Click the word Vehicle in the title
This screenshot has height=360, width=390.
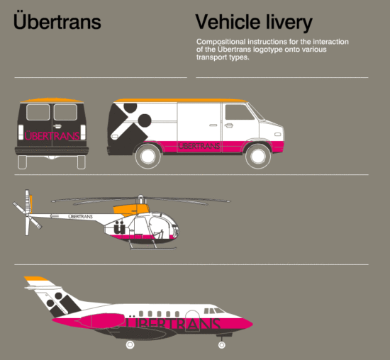[x=228, y=22]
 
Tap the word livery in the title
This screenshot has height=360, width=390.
[x=289, y=23]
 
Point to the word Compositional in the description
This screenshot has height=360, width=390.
[x=221, y=42]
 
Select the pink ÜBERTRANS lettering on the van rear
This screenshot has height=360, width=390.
[x=52, y=136]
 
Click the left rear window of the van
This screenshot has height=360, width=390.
[x=38, y=113]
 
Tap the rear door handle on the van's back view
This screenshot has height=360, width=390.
[x=57, y=126]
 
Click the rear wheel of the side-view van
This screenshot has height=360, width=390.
[x=148, y=157]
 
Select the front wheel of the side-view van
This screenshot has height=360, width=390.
[x=258, y=157]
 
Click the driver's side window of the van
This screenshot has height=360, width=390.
[x=239, y=113]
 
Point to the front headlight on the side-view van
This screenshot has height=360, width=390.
[x=277, y=135]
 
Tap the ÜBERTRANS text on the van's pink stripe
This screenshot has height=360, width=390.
[x=199, y=146]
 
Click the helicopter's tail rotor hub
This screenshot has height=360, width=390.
[x=27, y=215]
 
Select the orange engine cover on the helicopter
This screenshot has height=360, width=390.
[x=131, y=210]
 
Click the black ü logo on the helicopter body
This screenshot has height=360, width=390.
[x=119, y=228]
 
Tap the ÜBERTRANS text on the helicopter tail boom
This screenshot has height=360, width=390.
[x=80, y=217]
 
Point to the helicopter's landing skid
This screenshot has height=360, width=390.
[x=153, y=248]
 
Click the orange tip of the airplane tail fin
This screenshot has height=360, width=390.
[x=35, y=279]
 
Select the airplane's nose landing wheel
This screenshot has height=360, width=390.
[x=222, y=345]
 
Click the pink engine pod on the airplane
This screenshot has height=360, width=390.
[x=103, y=321]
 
